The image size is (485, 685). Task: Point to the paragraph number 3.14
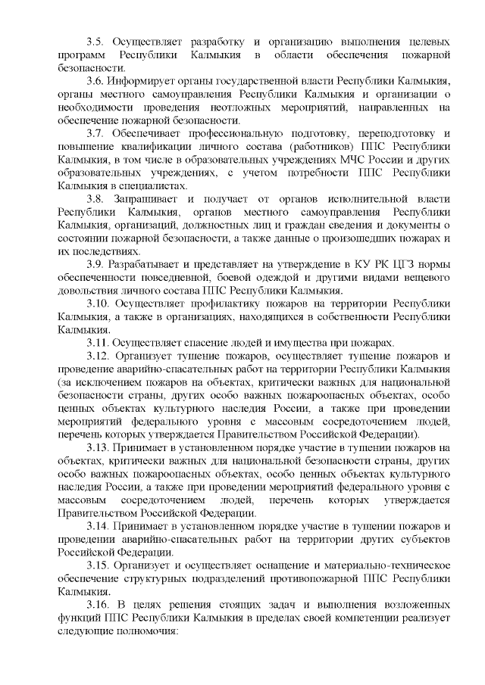point(99,525)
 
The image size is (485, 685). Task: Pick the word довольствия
point(89,290)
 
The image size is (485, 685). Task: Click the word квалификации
point(167,145)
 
